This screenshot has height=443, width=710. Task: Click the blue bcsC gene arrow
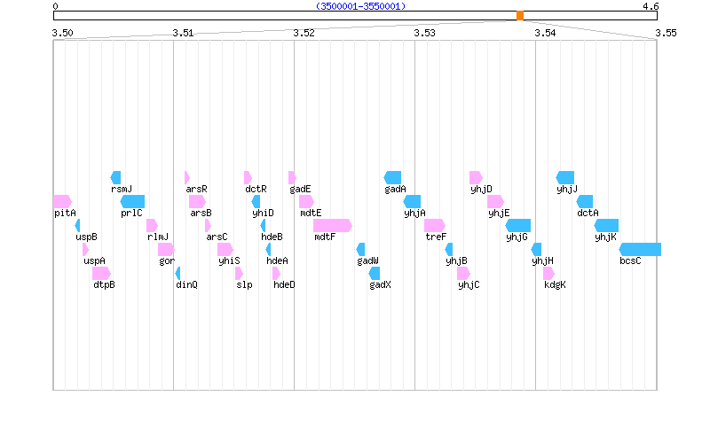coord(640,249)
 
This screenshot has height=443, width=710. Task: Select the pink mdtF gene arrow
coord(332,225)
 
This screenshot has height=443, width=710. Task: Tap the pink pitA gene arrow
coord(62,201)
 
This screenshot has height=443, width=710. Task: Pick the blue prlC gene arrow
coord(132,201)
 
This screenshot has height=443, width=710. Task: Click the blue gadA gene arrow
coord(393,177)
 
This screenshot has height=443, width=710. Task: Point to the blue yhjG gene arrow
coord(518,225)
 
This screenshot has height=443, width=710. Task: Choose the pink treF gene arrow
coord(434,225)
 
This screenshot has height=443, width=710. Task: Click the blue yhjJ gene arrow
coord(565,177)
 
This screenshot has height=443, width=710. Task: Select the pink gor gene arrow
coord(166,249)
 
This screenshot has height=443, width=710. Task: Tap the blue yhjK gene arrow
coord(607,225)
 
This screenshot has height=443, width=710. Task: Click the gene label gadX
coord(381,284)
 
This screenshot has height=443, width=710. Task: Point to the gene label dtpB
coord(104,284)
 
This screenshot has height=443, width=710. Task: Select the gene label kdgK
coord(555,284)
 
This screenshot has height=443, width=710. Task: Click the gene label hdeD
coord(284,284)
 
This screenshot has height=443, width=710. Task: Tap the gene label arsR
coord(196,189)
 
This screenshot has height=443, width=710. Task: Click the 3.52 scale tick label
coord(304,33)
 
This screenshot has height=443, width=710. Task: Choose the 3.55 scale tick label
coord(666,33)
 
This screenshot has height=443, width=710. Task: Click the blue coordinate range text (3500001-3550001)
coord(360,6)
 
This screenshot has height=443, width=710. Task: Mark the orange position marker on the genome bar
coord(520,15)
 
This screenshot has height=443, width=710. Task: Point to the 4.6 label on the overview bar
coord(651,6)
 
